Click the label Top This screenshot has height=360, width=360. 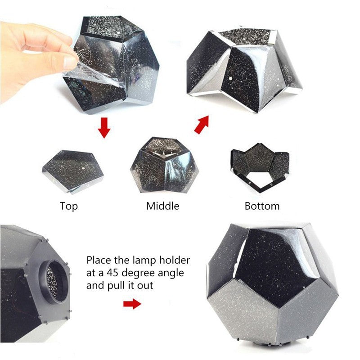point(69,206)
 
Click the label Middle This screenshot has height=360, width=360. point(162,206)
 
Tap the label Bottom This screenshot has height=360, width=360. point(262,206)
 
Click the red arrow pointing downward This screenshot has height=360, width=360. point(104,127)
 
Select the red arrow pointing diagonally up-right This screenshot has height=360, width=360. point(202,124)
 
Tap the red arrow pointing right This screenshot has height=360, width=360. point(132,304)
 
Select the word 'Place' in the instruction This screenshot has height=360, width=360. point(99,260)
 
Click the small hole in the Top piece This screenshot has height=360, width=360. point(85,168)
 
